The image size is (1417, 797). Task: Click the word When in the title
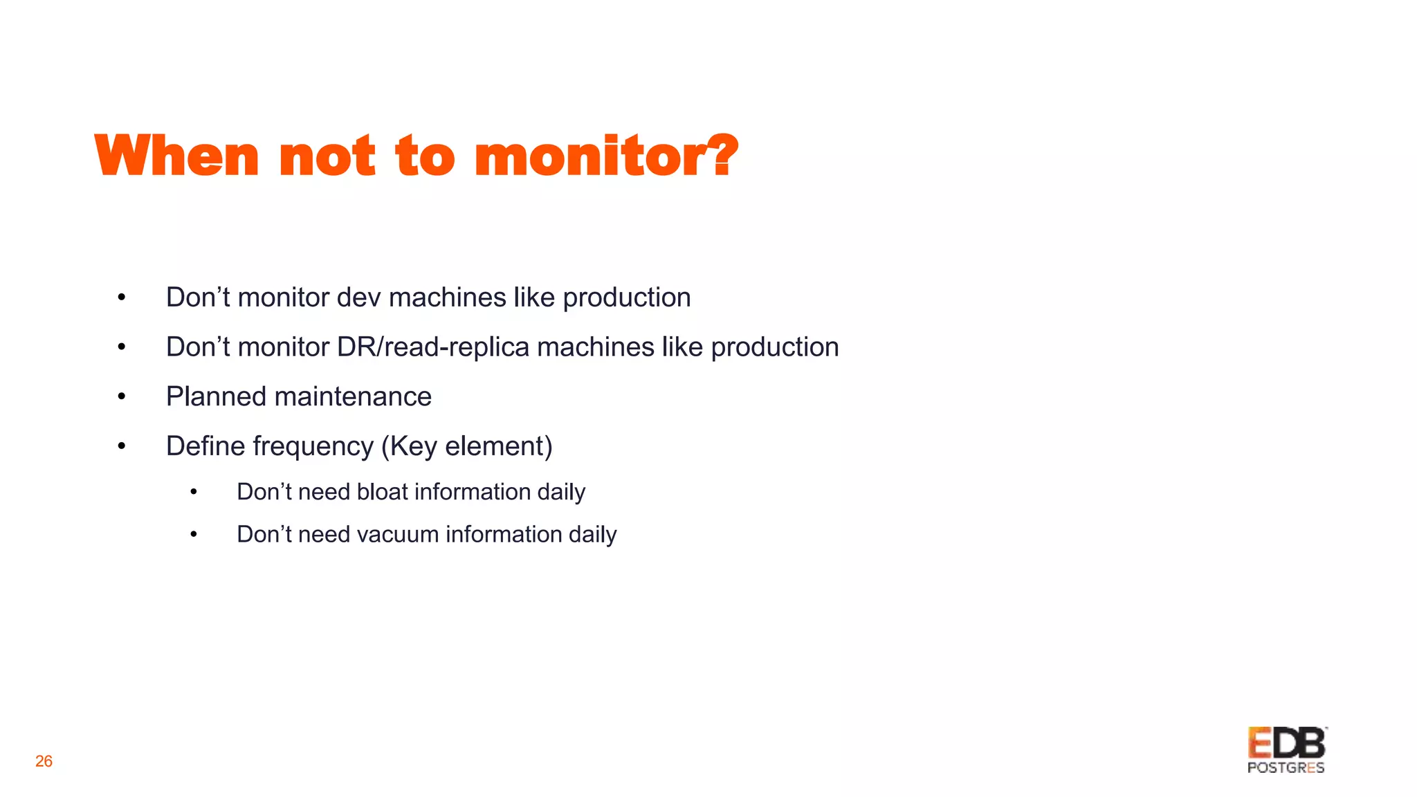[176, 156]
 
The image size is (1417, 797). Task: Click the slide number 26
[44, 761]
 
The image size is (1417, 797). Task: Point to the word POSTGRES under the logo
[1286, 768]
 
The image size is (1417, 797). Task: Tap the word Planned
[216, 397]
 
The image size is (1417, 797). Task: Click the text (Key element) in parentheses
[467, 447]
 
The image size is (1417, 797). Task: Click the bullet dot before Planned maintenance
[122, 397]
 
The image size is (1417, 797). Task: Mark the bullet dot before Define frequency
[122, 447]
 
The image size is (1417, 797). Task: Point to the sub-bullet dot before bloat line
[194, 492]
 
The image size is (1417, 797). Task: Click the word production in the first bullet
[626, 297]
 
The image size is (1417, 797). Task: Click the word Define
[201, 446]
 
